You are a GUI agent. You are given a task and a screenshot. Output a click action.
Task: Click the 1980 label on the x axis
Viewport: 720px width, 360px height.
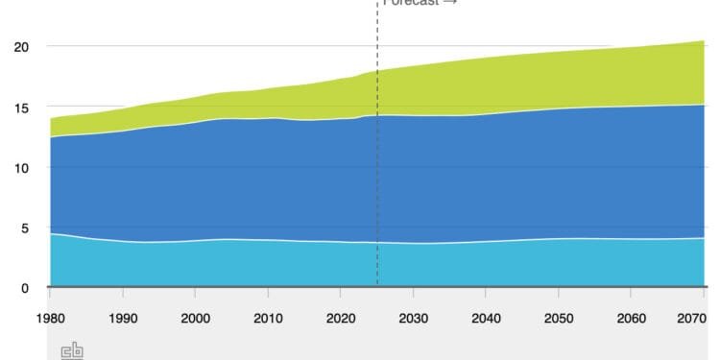(50, 319)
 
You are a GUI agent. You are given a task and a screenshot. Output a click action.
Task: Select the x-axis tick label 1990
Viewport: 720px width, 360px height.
(123, 319)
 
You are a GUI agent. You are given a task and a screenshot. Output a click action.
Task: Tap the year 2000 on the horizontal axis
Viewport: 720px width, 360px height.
(195, 319)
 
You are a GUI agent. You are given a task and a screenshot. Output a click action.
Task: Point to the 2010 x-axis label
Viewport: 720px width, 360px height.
(268, 319)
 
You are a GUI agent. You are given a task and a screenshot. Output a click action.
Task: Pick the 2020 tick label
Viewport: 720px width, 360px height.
(341, 319)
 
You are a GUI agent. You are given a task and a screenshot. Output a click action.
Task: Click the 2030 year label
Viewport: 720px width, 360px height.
(413, 319)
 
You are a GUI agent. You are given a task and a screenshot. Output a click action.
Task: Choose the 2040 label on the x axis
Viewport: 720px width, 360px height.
(486, 319)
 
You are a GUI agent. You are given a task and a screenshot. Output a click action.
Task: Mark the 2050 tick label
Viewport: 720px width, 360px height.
(559, 319)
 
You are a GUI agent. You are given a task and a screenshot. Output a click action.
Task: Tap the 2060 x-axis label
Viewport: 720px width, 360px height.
(631, 319)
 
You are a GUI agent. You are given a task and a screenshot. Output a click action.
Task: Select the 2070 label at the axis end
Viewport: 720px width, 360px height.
(691, 319)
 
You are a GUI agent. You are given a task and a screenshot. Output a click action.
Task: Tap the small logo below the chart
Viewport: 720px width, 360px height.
(72, 351)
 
